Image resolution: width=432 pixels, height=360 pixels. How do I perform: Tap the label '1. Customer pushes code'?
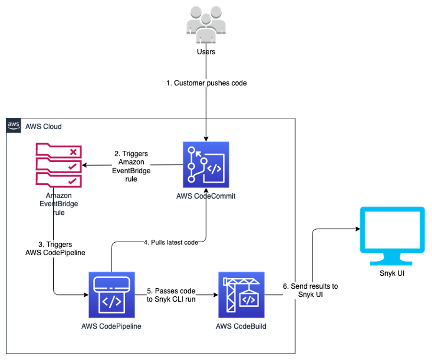[x=206, y=83]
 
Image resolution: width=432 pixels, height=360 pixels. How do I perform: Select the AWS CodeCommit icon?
[x=206, y=165]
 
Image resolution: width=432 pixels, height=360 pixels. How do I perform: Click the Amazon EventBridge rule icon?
[x=58, y=164]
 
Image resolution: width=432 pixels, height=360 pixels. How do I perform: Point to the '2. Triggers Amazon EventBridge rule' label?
[x=131, y=167]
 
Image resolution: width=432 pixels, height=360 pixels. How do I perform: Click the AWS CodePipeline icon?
[x=112, y=295]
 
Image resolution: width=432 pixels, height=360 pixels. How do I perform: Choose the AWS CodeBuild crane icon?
[x=241, y=295]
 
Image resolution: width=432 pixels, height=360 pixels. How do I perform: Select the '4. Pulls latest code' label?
[x=171, y=243]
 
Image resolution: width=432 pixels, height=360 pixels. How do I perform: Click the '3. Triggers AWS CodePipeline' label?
[x=55, y=249]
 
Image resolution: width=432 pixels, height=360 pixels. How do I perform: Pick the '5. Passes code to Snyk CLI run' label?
[x=171, y=295]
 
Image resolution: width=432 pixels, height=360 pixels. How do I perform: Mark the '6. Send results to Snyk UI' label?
[x=310, y=291]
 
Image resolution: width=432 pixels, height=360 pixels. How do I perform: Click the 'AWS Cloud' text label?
[x=43, y=127]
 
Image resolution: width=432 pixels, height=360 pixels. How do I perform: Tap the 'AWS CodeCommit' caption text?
[x=206, y=196]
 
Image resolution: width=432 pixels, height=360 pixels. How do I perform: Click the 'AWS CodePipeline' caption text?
[x=111, y=326]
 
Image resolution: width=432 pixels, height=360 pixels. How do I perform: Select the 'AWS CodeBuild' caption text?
[x=241, y=326]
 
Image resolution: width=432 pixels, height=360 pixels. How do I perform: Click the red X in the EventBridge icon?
[x=73, y=152]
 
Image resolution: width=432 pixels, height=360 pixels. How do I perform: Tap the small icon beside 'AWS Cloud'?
[x=13, y=126]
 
